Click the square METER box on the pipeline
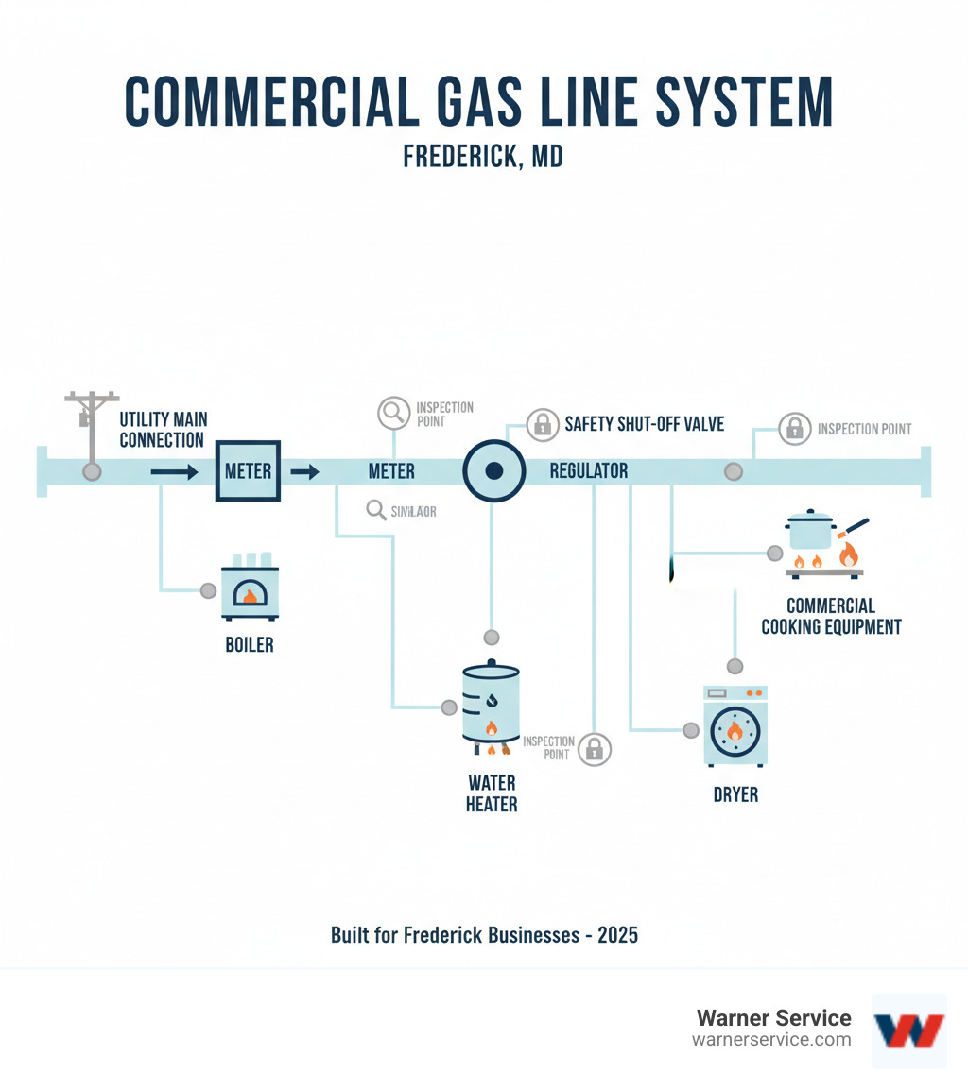tap(249, 470)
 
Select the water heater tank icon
tap(491, 704)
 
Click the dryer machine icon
tap(735, 725)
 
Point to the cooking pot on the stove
tap(811, 530)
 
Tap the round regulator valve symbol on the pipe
tap(493, 470)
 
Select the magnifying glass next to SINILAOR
tap(375, 511)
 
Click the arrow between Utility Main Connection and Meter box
tap(174, 470)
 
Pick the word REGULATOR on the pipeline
tap(588, 470)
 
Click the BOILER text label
tap(250, 646)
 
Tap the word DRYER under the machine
tap(735, 794)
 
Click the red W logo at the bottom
tap(908, 1030)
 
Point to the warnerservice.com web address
tap(771, 1040)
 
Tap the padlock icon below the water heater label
tap(594, 749)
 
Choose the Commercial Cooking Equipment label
tap(831, 616)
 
